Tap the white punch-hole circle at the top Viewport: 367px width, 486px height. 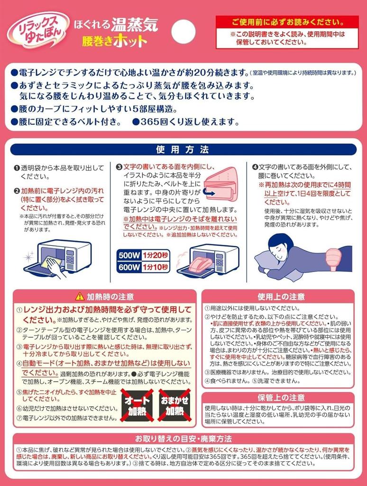[x=183, y=30]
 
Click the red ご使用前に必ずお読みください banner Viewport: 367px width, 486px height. [x=287, y=22]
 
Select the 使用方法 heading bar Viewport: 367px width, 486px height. [x=183, y=150]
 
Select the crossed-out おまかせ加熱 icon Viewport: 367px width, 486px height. [x=174, y=405]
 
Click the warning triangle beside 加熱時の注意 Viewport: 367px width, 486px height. [x=79, y=297]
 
